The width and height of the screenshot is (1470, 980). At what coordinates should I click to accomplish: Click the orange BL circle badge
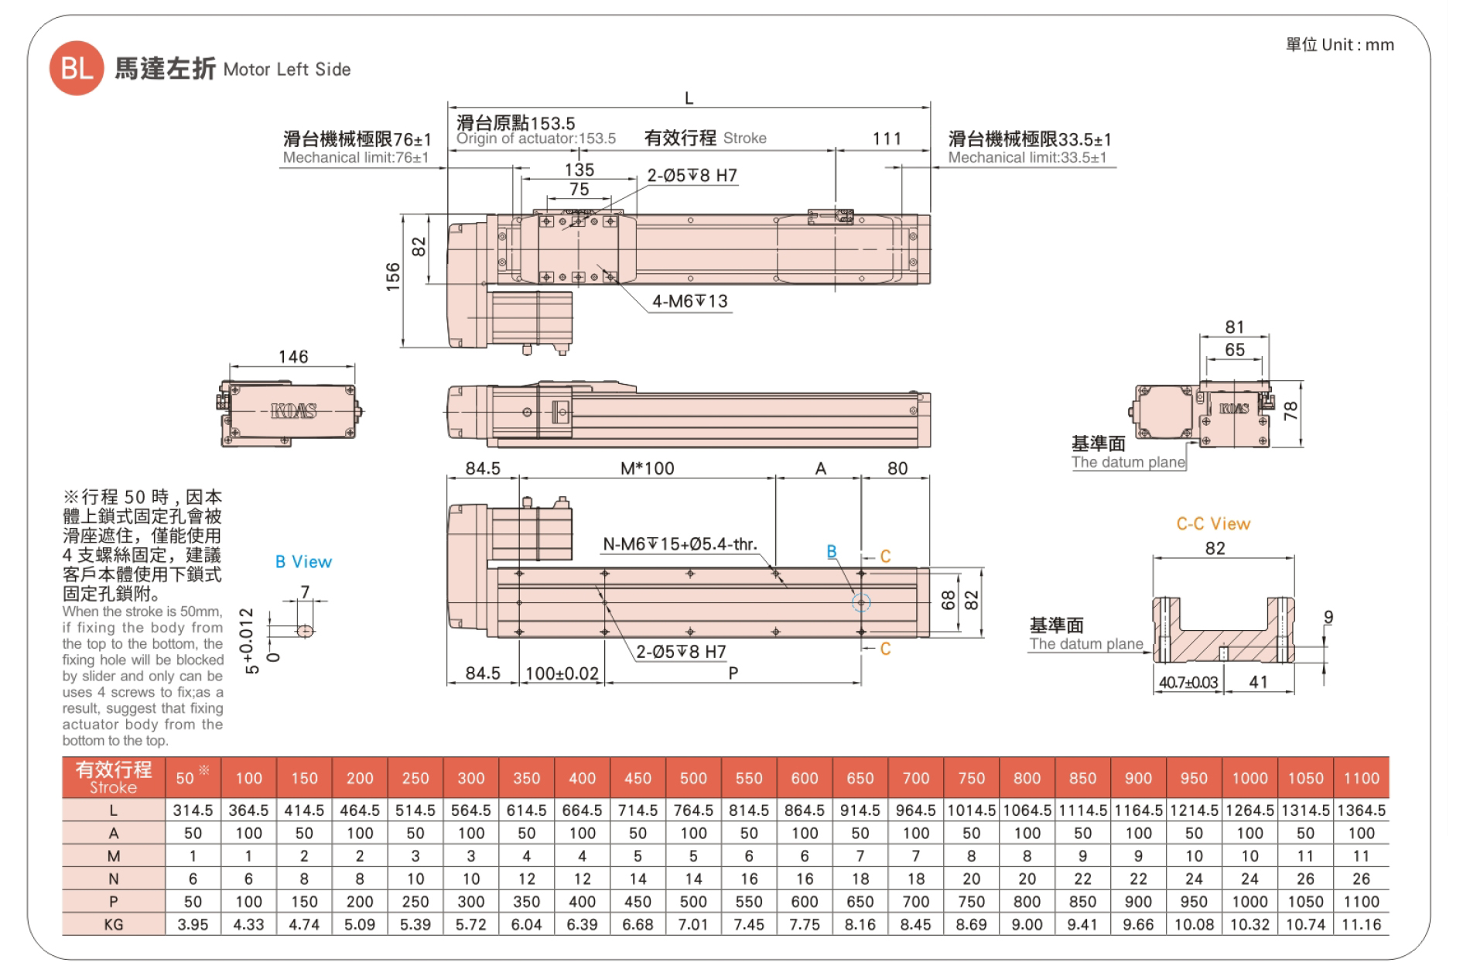pos(77,68)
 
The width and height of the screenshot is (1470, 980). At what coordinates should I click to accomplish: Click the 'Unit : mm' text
pos(1358,45)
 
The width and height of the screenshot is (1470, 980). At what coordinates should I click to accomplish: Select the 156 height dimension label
pos(393,276)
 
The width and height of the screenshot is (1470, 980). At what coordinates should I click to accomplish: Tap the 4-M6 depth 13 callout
pos(689,301)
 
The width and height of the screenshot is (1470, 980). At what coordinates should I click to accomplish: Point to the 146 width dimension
pos(293,357)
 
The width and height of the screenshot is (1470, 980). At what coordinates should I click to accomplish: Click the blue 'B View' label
pos(303,562)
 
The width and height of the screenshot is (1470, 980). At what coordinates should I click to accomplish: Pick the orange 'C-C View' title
pos(1213,524)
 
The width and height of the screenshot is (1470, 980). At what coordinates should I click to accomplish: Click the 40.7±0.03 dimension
pos(1188,683)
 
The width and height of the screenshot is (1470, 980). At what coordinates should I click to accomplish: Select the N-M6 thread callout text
pos(679,544)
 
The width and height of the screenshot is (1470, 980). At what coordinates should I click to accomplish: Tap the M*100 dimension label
pos(648,468)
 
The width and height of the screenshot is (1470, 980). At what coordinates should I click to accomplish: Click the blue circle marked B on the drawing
pos(861,602)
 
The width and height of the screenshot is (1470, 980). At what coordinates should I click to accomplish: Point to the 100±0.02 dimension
pos(562,673)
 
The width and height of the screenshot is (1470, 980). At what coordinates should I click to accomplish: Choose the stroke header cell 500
pos(693,778)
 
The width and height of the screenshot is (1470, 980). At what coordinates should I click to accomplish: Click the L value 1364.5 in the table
pos(1362,810)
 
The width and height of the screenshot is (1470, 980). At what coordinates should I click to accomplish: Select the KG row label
pos(114,924)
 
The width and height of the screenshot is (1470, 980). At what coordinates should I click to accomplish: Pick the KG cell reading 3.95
pos(193,924)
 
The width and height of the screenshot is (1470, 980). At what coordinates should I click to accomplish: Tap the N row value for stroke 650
pos(860,879)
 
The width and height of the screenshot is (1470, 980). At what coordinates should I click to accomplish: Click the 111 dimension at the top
pos(887,139)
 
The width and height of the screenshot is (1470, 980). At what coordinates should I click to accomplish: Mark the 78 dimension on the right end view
pos(1291,411)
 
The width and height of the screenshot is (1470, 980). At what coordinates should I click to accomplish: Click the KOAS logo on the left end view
pos(294,411)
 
